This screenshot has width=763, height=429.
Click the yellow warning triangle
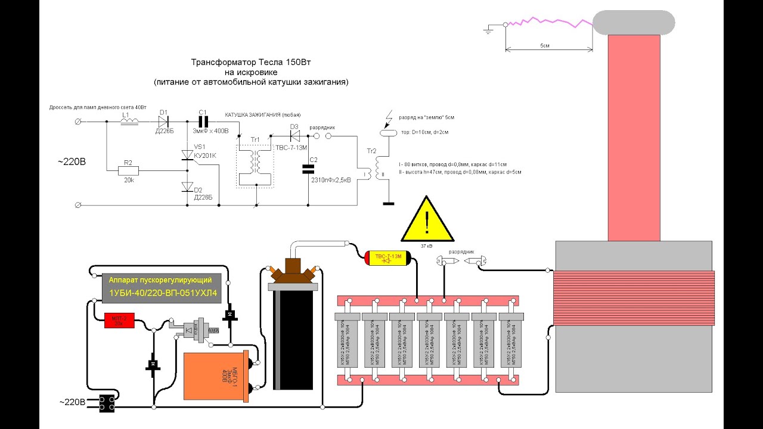tap(427, 220)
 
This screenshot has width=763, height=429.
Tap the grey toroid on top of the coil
tap(633, 22)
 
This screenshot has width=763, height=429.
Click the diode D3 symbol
tap(294, 135)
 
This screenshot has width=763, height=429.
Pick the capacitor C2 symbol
tap(309, 169)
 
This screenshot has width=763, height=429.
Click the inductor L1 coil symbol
tap(129, 122)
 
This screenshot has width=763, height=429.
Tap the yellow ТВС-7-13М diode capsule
tap(386, 257)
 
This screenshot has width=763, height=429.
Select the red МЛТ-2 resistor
tap(119, 320)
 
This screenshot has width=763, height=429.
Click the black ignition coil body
tap(293, 340)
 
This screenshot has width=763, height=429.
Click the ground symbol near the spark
tap(489, 28)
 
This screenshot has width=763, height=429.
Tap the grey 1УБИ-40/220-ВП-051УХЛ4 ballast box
tap(161, 287)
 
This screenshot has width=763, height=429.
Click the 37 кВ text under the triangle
tap(427, 245)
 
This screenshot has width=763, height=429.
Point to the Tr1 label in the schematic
tap(255, 139)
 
